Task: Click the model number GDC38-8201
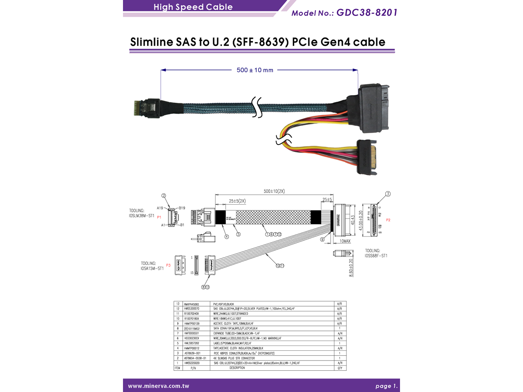[x=367, y=13]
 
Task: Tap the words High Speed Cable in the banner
[x=193, y=7]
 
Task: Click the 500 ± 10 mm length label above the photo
[x=255, y=70]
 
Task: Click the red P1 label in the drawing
[x=159, y=217]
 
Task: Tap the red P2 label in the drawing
[x=388, y=220]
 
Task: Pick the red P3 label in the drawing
[x=168, y=265]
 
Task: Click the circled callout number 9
[x=322, y=239]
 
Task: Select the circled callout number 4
[x=227, y=236]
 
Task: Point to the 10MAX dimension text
[x=345, y=241]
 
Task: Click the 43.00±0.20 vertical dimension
[x=361, y=220]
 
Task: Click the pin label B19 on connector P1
[x=182, y=208]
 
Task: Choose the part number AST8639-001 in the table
[x=192, y=353]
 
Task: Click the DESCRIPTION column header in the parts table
[x=237, y=368]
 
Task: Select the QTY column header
[x=340, y=368]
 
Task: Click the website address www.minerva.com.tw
[x=159, y=386]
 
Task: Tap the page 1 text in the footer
[x=386, y=386]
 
